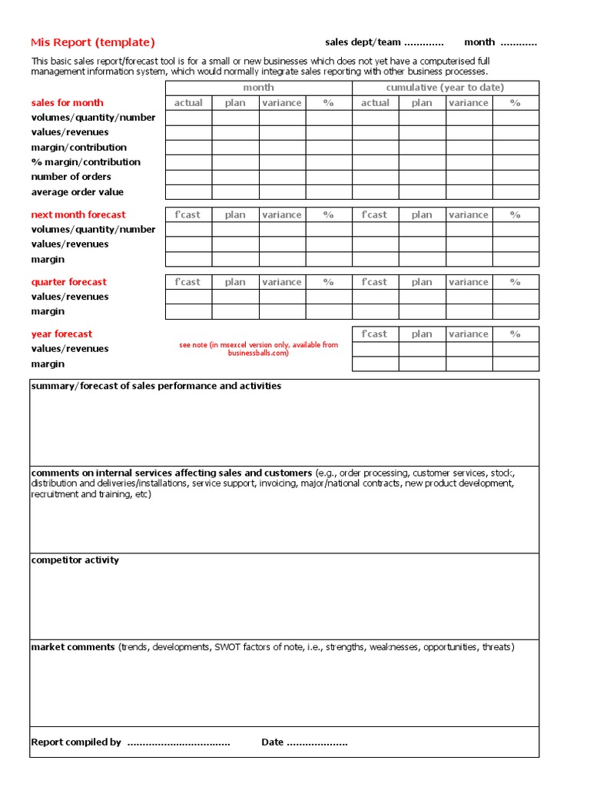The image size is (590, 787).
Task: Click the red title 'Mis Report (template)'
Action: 92,43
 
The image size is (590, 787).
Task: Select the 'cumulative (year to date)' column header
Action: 445,88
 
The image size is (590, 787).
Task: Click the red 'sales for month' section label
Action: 67,103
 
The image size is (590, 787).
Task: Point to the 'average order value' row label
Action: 77,192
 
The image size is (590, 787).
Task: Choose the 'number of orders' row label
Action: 71,177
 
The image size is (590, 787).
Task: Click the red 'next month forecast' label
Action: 78,215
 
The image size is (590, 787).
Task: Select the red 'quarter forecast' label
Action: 68,282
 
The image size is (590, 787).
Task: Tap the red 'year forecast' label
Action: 61,334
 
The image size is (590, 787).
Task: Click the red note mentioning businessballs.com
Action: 258,349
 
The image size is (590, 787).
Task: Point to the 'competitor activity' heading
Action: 75,560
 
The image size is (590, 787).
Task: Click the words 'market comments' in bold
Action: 73,647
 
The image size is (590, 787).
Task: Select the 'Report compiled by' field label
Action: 76,742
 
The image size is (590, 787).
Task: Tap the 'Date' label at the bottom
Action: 272,742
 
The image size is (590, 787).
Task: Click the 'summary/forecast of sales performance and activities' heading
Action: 156,386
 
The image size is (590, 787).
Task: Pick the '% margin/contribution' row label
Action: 85,162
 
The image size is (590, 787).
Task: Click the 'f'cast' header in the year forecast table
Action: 375,334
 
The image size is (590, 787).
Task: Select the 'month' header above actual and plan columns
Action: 258,88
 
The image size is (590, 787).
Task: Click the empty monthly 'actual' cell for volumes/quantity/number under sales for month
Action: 188,118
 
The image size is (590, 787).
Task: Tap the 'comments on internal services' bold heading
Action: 171,473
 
